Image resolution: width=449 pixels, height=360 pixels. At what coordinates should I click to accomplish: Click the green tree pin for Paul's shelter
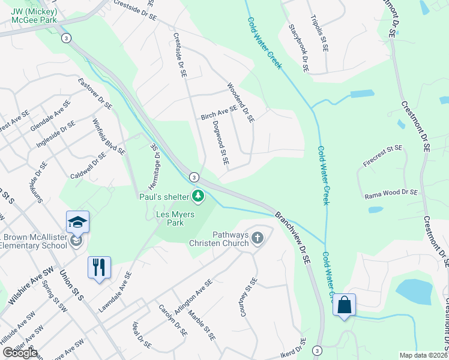click(x=197, y=196)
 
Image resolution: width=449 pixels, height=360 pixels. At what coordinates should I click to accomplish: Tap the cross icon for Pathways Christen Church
click(x=258, y=238)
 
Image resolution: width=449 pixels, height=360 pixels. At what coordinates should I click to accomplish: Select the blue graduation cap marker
click(x=78, y=223)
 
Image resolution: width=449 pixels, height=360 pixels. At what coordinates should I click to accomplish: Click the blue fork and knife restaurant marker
click(x=99, y=266)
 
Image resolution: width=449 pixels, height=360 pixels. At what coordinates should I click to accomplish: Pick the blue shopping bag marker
click(x=345, y=305)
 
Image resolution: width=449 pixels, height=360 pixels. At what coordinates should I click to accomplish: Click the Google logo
click(x=19, y=353)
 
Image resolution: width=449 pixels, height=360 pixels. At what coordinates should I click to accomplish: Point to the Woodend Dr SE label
click(x=241, y=103)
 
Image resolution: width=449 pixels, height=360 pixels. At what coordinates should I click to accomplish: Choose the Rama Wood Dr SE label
click(x=391, y=193)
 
